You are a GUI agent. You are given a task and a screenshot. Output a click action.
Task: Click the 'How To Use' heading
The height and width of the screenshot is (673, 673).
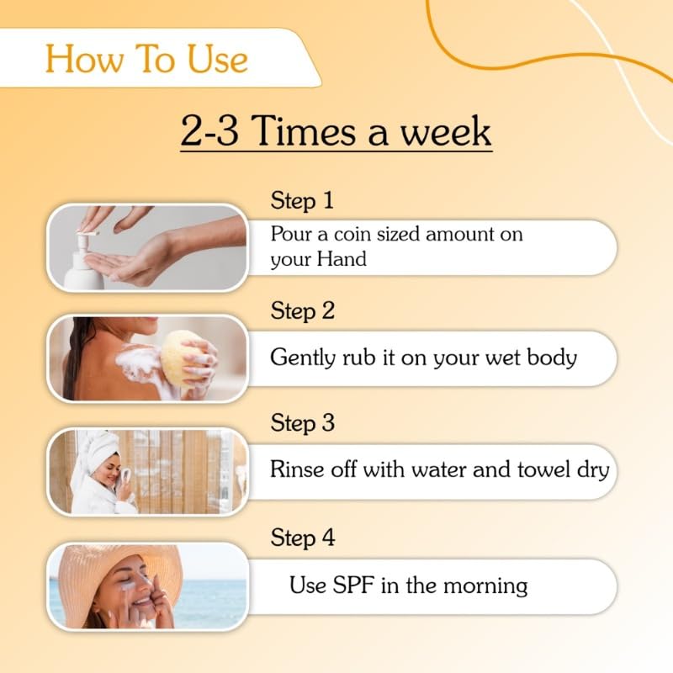146,59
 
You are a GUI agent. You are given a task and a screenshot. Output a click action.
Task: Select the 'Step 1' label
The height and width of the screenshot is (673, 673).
302,201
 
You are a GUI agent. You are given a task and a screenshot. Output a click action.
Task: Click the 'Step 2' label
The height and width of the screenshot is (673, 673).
303,311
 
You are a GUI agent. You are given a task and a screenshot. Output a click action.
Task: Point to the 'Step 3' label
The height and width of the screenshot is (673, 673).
303,423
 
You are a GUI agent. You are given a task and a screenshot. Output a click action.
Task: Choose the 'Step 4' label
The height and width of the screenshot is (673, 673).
303,538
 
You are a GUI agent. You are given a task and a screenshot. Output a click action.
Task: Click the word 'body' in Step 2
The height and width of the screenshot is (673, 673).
551,358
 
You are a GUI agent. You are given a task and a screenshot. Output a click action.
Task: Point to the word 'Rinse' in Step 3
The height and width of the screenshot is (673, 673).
294,469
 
